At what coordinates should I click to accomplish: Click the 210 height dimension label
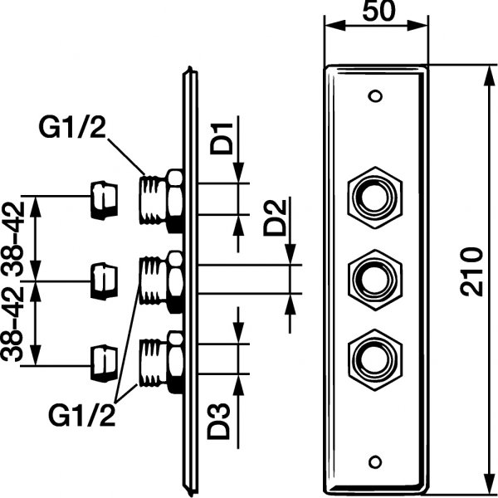(x=472, y=272)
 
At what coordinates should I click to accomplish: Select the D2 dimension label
(x=278, y=217)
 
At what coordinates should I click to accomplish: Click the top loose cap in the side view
(x=104, y=200)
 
